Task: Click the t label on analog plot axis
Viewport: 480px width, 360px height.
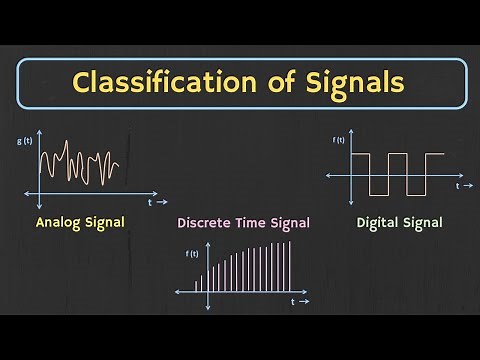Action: pyautogui.click(x=149, y=201)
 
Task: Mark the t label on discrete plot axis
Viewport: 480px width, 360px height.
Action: pyautogui.click(x=293, y=301)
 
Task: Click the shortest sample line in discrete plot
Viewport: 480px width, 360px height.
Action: pyautogui.click(x=197, y=287)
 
